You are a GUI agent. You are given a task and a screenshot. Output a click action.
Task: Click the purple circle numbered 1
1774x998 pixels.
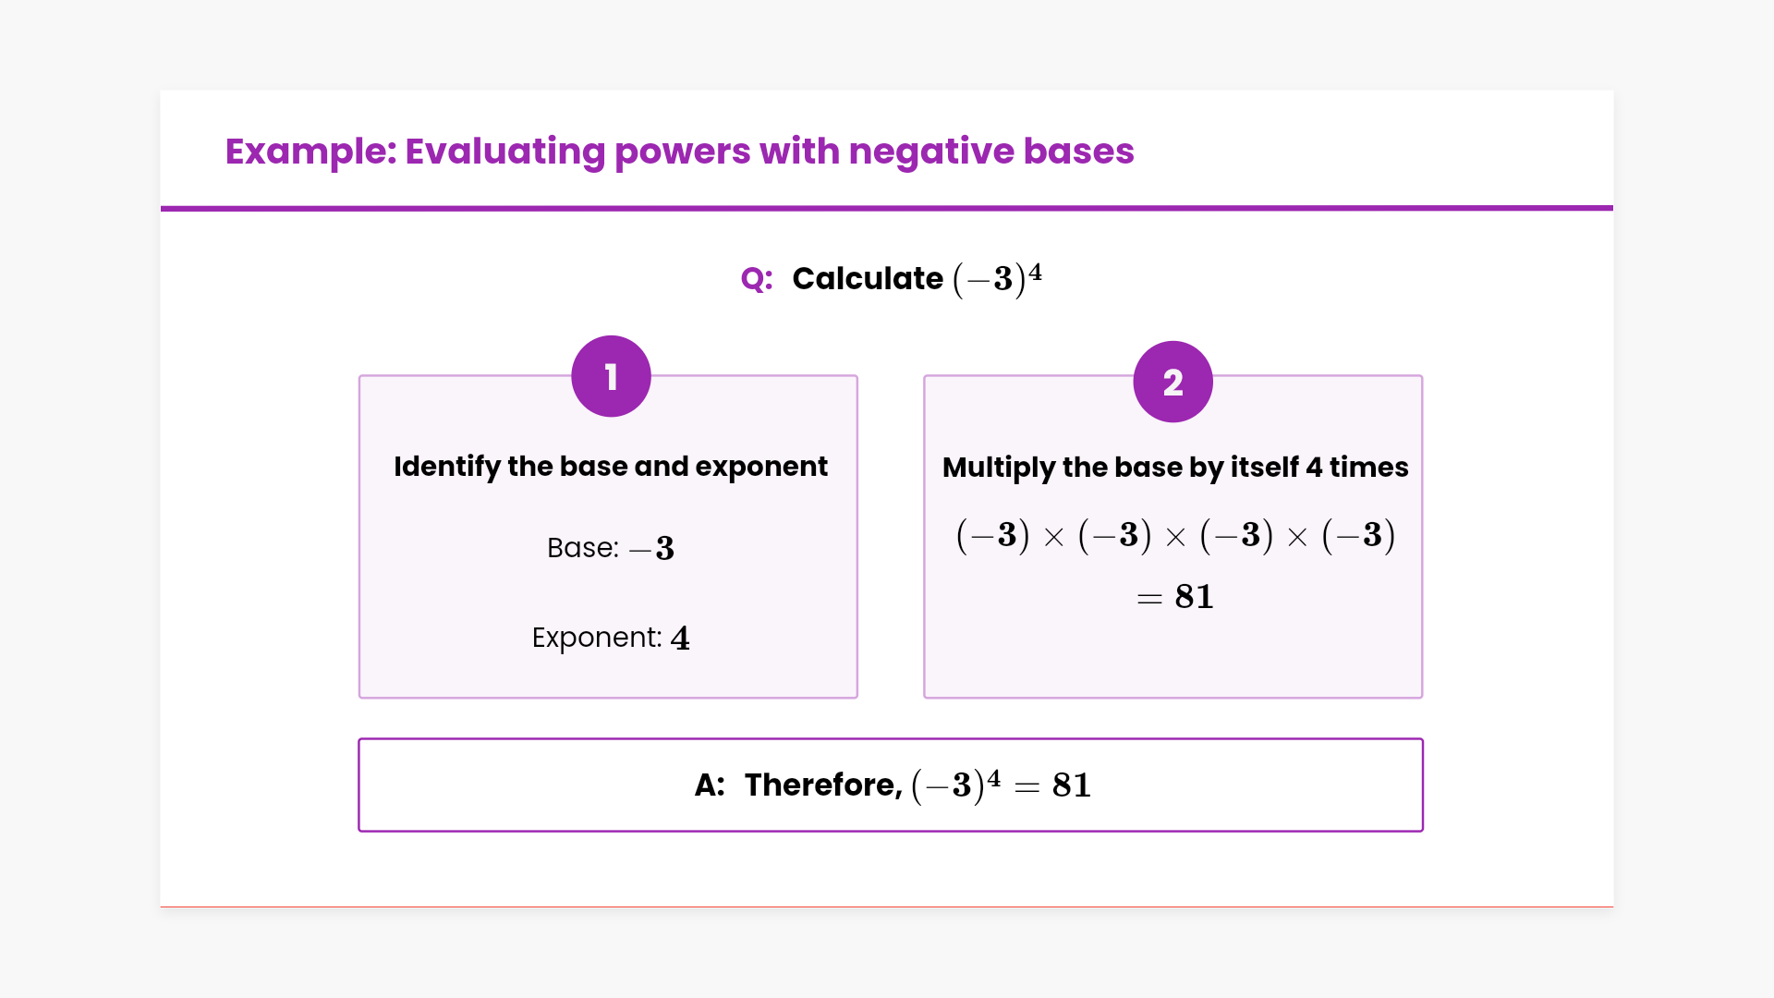click(611, 376)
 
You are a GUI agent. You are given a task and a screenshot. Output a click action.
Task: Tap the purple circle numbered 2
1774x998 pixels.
click(1173, 382)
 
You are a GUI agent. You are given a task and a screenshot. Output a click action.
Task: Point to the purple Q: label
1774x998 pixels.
click(756, 279)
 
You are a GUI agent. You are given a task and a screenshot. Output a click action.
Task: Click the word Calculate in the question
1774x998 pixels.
click(867, 279)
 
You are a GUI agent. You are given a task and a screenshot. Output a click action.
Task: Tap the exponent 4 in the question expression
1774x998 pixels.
click(1036, 272)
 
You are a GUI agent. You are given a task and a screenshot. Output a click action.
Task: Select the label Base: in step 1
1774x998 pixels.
click(582, 548)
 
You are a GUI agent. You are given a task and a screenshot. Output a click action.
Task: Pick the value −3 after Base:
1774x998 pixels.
click(652, 549)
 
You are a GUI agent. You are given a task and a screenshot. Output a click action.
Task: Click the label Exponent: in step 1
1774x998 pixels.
click(597, 638)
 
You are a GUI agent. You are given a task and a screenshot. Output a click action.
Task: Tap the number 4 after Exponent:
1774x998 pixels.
click(680, 638)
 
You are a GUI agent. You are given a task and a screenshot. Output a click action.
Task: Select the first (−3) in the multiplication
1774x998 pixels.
click(992, 535)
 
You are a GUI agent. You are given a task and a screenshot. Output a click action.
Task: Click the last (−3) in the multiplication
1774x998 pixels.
click(1358, 535)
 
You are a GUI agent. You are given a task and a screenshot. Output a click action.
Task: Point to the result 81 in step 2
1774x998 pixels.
click(1194, 597)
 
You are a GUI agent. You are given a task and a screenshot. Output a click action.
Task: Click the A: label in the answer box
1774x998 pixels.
click(710, 785)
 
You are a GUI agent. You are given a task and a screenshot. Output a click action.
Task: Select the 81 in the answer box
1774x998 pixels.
click(1072, 785)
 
